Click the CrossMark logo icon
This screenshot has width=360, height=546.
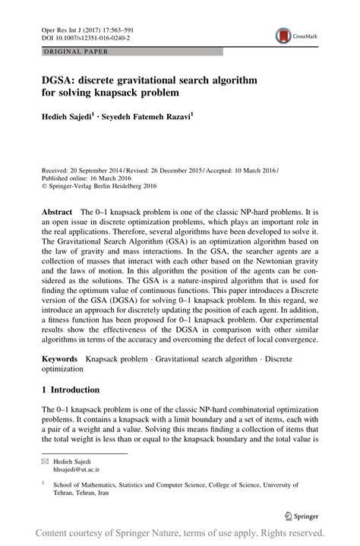[283, 35]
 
